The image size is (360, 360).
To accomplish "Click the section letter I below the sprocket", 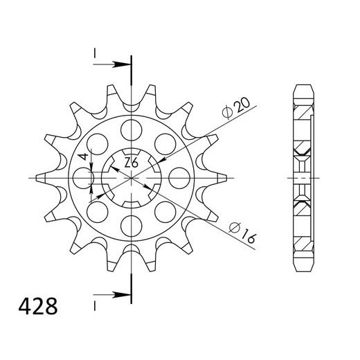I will [92, 305].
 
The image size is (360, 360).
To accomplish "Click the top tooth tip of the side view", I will [303, 87].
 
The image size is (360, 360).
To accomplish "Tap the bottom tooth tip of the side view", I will [303, 271].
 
